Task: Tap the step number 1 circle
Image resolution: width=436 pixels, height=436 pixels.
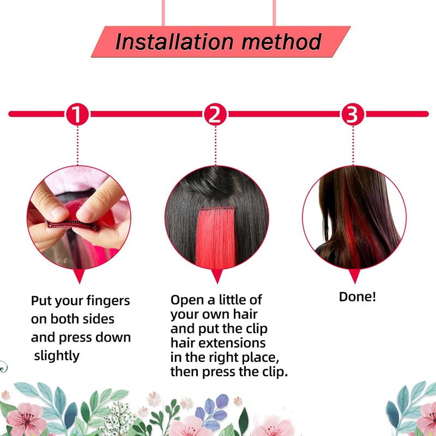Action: point(78,114)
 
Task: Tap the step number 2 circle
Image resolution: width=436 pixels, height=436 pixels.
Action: point(216,114)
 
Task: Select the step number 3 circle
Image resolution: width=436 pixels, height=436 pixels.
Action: point(353,114)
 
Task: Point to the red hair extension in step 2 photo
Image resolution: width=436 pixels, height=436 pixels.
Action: point(216,240)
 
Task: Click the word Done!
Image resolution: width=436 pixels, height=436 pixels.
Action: point(358,297)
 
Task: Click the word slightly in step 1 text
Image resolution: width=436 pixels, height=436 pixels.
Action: point(57,356)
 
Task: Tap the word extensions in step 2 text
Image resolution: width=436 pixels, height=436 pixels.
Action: point(235,343)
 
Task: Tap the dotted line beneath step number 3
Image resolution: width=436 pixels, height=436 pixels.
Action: point(353,144)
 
